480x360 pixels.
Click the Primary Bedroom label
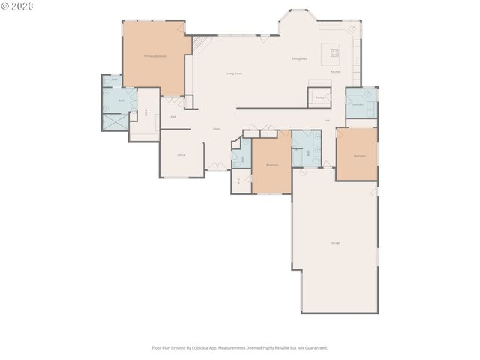point(155,56)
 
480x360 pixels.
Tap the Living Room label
point(235,73)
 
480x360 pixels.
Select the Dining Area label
point(300,59)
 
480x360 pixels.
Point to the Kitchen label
point(336,72)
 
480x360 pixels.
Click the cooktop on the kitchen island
point(331,53)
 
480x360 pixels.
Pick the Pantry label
point(319,97)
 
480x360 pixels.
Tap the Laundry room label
point(358,105)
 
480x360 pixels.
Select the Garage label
point(335,242)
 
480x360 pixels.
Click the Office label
point(181,154)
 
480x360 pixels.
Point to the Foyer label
point(216,129)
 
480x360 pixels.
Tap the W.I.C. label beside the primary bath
point(146,112)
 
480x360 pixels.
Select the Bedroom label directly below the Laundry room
point(360,156)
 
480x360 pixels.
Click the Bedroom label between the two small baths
point(271,165)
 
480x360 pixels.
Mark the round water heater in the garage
point(303,172)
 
